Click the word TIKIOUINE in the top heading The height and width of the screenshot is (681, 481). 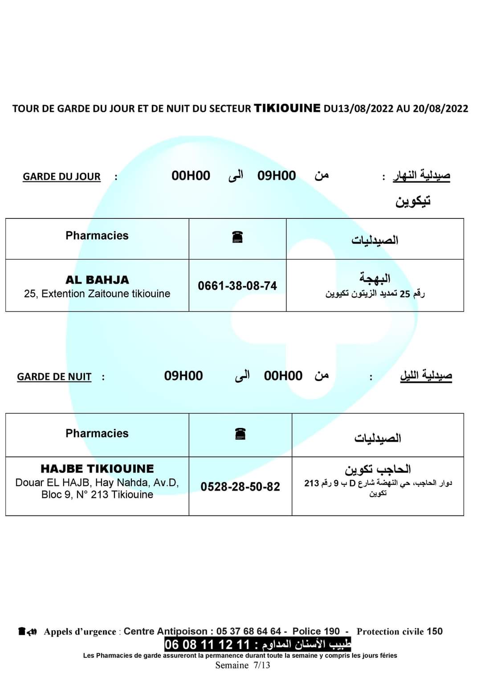point(287,108)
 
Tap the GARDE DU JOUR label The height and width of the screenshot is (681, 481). point(61,176)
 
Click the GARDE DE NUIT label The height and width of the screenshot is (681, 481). point(54,377)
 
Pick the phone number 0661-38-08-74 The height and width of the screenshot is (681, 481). point(237,286)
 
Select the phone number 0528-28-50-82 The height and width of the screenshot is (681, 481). point(240,487)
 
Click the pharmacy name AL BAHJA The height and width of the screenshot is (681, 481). point(97,280)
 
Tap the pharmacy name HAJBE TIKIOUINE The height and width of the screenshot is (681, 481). point(97,469)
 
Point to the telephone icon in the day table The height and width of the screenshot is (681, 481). point(237,237)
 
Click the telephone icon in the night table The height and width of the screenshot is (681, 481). point(240,434)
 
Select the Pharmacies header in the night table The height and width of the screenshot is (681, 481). point(97,433)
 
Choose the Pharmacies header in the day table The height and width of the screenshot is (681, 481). point(97,236)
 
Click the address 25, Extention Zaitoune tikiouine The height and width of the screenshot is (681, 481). point(97,294)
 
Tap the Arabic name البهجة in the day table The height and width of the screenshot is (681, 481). point(375,279)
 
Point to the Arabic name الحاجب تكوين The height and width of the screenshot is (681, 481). point(378,469)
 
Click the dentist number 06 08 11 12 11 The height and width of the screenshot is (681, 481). point(207,644)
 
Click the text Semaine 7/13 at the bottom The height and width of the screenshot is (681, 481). point(242,665)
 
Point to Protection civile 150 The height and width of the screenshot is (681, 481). point(399,631)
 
